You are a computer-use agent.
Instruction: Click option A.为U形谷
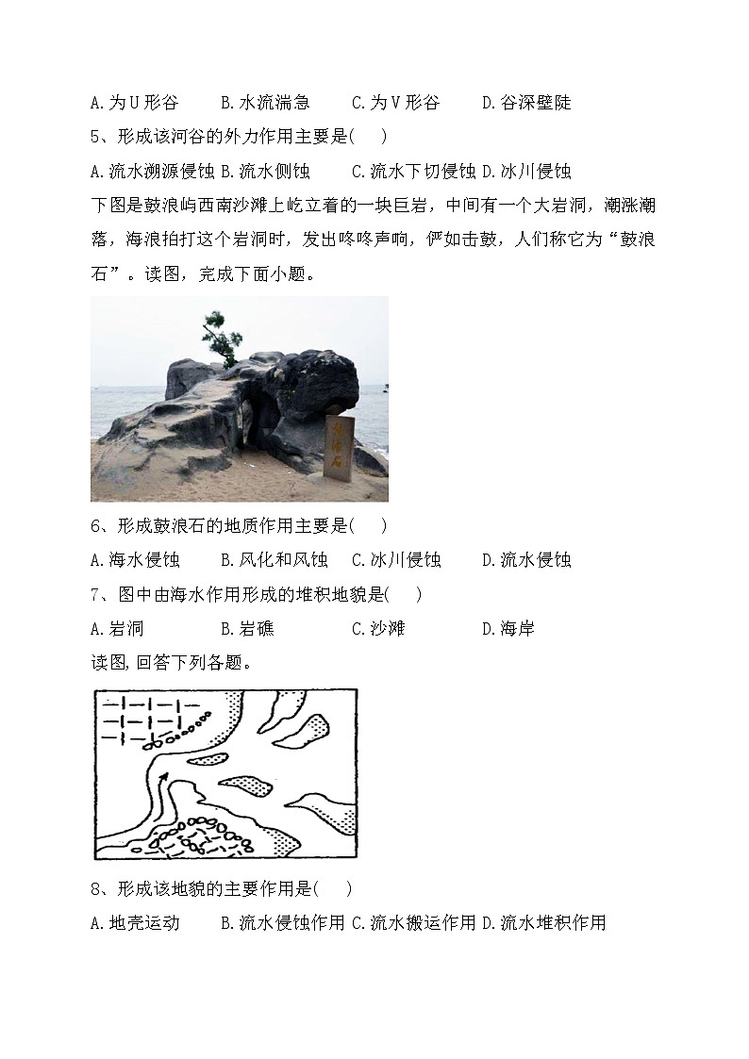134,102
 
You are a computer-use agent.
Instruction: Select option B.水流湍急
265,102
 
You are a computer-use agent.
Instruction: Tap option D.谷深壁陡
526,102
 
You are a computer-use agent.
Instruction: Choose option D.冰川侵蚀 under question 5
526,172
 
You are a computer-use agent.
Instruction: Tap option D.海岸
508,628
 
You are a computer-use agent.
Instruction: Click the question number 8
96,888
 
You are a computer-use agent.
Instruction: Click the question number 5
96,137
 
